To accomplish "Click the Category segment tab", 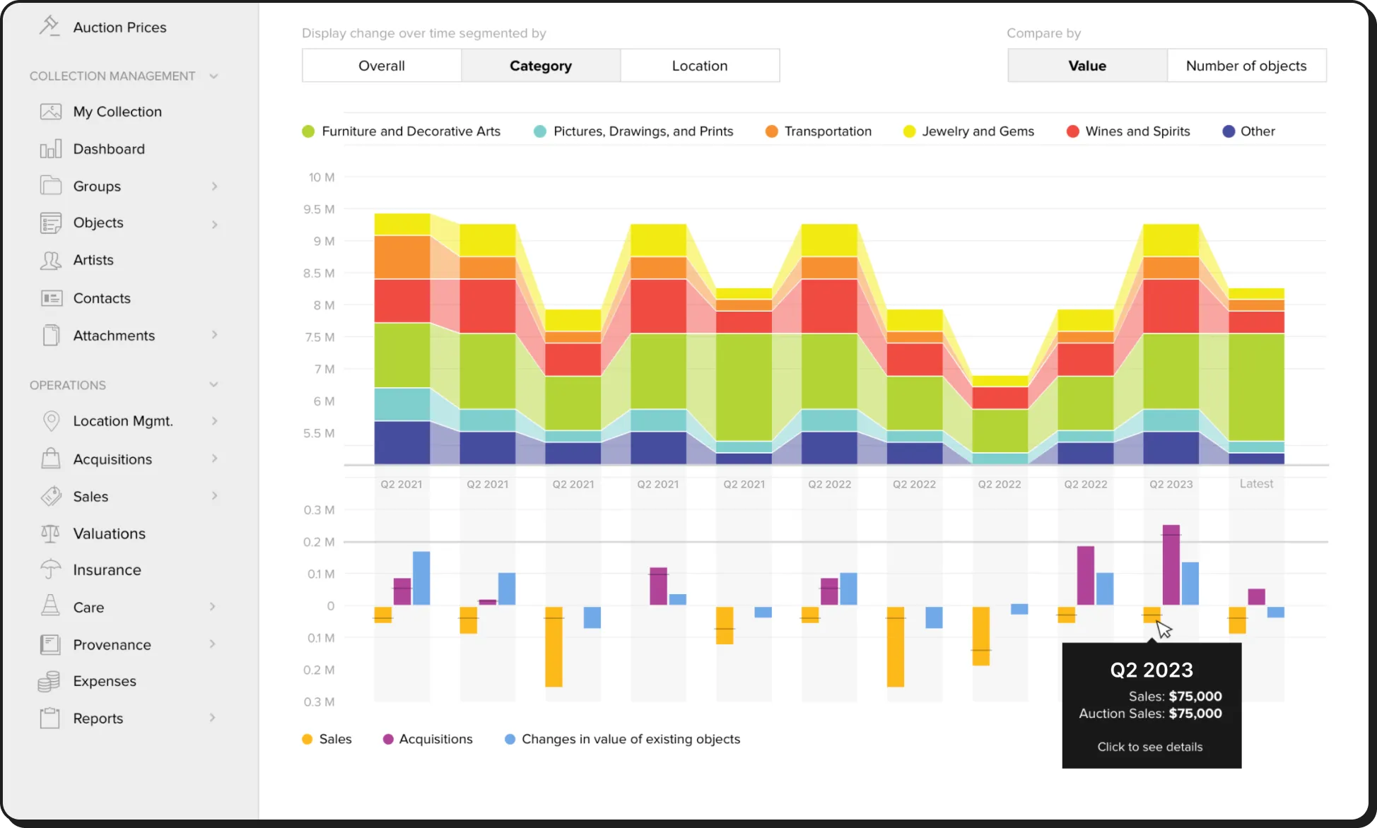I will pos(541,66).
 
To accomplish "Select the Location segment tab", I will pos(700,66).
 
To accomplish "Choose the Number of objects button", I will pos(1246,66).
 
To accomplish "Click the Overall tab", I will pos(382,66).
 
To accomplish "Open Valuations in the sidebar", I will pos(109,533).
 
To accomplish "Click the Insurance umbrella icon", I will pos(51,569).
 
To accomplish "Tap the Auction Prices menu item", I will pos(119,28).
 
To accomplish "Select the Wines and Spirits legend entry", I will pos(1137,131).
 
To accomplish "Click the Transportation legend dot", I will pos(771,131).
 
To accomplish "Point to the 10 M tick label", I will pos(321,177).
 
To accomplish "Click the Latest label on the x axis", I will pos(1256,484).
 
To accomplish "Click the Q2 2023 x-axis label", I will pos(1171,485).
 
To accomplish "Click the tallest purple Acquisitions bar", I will pos(1171,565).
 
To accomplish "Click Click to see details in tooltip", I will pos(1149,747).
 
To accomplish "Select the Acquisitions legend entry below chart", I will pos(435,739).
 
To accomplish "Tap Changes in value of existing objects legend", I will pos(630,739).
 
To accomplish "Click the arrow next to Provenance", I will pos(213,644).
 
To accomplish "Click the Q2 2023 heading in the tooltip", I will pos(1151,670).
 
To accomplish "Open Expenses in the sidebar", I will pos(104,681).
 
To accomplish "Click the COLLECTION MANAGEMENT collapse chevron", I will pos(213,76).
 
